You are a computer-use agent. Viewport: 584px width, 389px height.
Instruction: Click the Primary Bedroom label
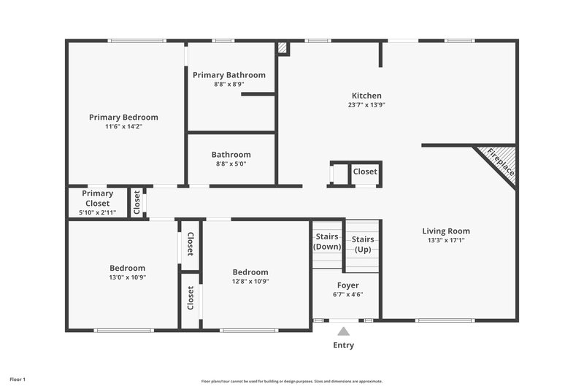(123, 117)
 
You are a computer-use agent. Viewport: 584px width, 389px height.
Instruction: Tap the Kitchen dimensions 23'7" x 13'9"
(366, 105)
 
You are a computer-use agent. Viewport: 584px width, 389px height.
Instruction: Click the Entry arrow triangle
(343, 331)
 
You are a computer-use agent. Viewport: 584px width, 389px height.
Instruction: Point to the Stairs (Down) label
(327, 242)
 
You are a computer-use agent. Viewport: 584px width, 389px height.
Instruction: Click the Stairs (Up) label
(363, 244)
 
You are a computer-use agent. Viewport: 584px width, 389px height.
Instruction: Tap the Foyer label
(347, 285)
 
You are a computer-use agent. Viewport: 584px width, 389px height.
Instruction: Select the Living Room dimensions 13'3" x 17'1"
(445, 240)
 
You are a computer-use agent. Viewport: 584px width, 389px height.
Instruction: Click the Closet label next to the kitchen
(365, 172)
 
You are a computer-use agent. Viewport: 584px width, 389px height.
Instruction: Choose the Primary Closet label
(97, 199)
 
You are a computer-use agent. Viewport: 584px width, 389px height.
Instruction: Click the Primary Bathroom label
(228, 75)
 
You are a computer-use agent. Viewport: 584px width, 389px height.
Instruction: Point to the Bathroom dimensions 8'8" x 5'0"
(230, 164)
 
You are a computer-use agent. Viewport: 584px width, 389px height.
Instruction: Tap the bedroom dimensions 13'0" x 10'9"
(127, 277)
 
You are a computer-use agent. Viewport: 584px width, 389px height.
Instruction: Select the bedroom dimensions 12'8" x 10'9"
(250, 281)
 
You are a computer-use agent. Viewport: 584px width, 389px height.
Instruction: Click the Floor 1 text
(18, 380)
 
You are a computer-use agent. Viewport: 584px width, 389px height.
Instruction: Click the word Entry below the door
(343, 345)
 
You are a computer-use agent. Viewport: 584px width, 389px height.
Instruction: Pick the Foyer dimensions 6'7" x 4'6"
(347, 295)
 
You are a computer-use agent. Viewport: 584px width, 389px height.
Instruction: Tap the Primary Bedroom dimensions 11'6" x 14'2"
(123, 126)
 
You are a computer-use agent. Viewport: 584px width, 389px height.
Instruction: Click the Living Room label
(445, 231)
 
